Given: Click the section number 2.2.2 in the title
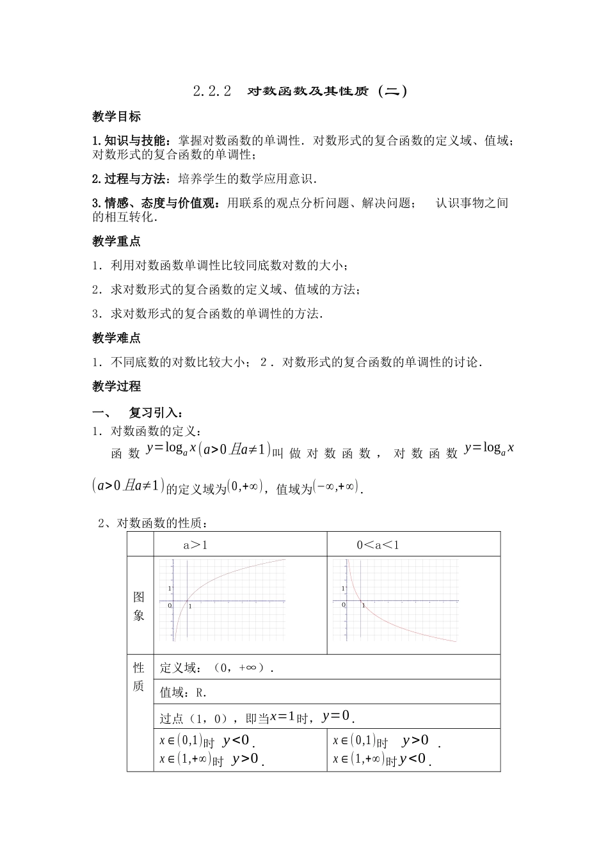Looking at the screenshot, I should click(211, 91).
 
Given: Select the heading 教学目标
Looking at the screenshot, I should click(116, 116).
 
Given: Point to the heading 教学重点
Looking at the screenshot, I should click(116, 241).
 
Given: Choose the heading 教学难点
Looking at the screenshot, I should click(116, 338).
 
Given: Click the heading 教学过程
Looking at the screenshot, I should click(116, 386).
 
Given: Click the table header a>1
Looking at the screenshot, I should click(195, 545).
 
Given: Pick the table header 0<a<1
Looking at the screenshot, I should click(378, 545).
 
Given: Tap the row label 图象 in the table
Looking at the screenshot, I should click(139, 606).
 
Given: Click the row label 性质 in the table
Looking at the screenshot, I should click(139, 677).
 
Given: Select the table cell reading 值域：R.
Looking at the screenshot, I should click(184, 692).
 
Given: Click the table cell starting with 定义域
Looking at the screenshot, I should click(216, 668).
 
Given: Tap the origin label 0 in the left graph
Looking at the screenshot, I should click(170, 605).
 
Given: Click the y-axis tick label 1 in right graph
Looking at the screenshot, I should click(344, 587).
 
